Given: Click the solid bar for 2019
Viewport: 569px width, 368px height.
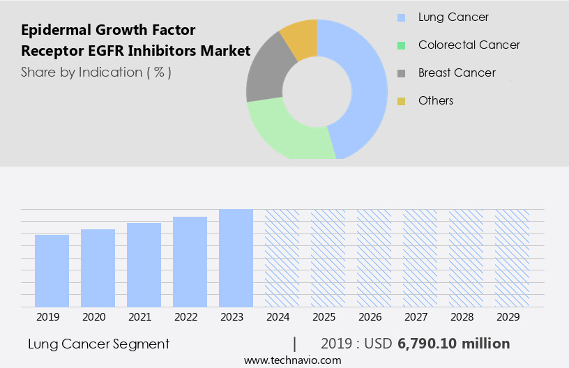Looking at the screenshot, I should [x=52, y=270].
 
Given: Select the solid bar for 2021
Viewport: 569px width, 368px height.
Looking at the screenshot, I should [x=144, y=265].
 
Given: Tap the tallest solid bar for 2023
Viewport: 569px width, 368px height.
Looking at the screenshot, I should [x=236, y=258].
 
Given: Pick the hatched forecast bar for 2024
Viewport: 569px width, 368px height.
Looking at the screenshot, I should [x=282, y=258].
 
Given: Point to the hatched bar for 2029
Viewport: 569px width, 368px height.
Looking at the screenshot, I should [x=513, y=258].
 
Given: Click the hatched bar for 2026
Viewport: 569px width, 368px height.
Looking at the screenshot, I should [x=374, y=258].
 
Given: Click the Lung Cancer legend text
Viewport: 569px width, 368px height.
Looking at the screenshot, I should [x=453, y=17].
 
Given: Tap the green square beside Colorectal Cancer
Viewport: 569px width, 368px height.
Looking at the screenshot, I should [x=401, y=45].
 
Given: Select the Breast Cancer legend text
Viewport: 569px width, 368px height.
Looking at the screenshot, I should [x=457, y=72].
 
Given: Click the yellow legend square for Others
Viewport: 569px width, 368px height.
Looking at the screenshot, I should [x=401, y=101].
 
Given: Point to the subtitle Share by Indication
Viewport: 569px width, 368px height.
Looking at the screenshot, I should [x=96, y=72].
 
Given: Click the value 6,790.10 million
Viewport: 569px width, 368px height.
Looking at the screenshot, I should [x=454, y=344].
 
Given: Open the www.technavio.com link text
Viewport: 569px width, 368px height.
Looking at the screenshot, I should [x=292, y=360].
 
